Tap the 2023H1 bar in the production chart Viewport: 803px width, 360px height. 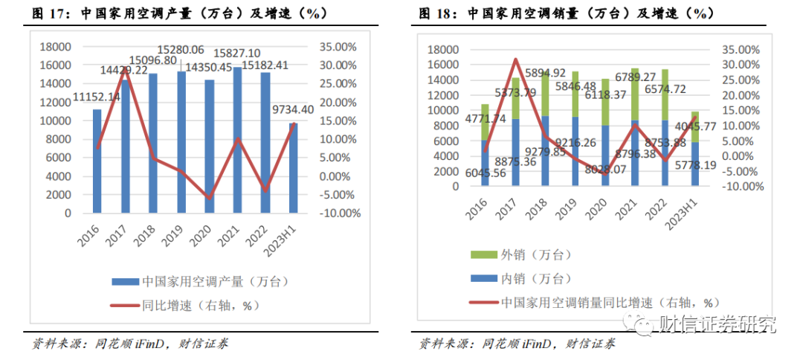coord(293,167)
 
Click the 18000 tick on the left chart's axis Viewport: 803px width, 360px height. coord(55,47)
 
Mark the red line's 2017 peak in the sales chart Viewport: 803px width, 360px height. coord(515,59)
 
